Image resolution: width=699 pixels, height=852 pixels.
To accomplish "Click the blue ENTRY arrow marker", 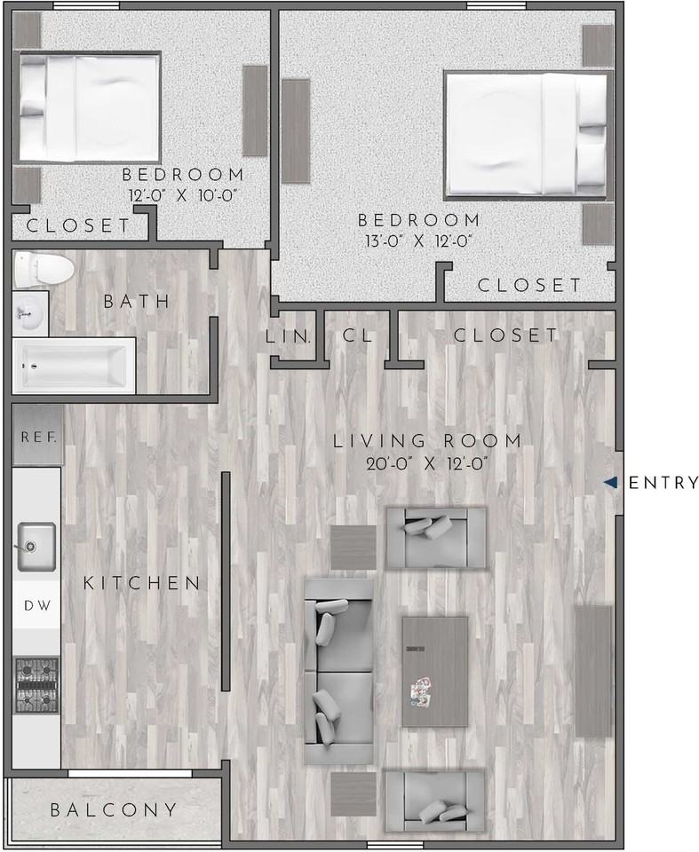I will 610,483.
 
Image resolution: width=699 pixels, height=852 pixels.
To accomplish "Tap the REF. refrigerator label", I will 38,437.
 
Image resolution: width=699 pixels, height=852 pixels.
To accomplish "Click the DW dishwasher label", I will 36,605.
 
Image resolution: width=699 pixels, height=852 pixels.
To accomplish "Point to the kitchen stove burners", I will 36,685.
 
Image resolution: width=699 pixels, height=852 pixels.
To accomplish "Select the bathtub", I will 74,365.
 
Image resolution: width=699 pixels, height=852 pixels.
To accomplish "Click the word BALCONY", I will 113,810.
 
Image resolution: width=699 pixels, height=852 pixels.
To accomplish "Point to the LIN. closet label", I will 289,336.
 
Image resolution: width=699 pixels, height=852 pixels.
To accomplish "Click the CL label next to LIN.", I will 356,336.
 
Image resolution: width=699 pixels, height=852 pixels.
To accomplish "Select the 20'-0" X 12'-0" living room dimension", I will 427,462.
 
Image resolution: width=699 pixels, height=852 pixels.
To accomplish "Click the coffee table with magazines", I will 434,671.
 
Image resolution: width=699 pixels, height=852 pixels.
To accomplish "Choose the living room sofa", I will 338,671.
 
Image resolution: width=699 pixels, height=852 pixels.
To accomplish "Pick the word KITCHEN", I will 142,583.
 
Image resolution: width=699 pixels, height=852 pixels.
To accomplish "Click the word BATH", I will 137,302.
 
